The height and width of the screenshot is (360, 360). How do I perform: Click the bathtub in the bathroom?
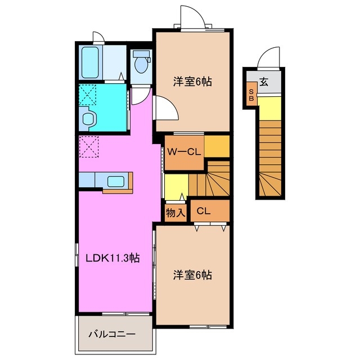point(90,63)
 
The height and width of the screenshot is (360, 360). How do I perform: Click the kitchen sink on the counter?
point(115,181)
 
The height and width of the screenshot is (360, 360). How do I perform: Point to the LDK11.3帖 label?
point(112,259)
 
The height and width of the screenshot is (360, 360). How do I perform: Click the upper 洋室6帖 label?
point(192,81)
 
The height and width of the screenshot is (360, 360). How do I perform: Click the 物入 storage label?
point(175,213)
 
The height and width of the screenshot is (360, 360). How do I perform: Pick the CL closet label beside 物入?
point(204,211)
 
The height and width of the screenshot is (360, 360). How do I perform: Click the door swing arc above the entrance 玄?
point(268,58)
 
